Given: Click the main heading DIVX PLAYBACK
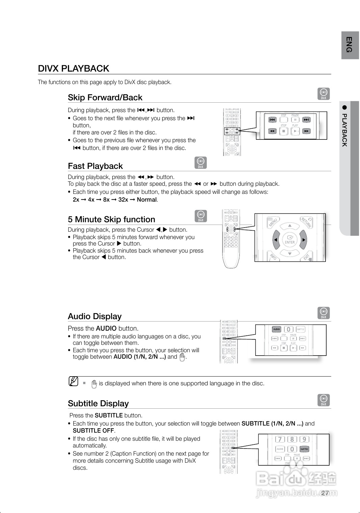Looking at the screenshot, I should (x=74, y=69).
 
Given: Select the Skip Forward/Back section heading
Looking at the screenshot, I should (x=105, y=98).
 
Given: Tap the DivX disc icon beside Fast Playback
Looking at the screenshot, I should (x=201, y=163).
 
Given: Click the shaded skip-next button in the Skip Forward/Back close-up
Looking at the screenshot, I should (x=306, y=120).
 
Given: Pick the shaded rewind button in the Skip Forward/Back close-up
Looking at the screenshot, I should (x=272, y=131).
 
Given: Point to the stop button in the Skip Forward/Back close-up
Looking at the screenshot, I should (x=284, y=131).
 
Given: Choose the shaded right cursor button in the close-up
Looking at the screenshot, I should (x=303, y=239).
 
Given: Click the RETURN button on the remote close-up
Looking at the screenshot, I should (x=306, y=223).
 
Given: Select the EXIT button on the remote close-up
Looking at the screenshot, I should (x=307, y=257).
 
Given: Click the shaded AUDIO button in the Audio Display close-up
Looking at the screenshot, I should (x=277, y=329).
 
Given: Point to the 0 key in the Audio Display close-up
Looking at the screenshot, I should (x=288, y=329).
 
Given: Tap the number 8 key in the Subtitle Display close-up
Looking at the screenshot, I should (x=292, y=439).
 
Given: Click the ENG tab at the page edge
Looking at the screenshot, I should (x=350, y=45).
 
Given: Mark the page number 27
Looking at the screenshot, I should (x=325, y=493).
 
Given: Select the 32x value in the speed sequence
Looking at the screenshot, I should (x=123, y=200).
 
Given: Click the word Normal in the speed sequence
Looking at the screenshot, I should (x=147, y=200).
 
